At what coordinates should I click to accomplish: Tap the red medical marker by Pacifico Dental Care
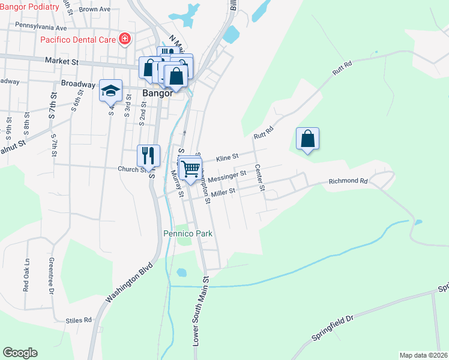(x=125, y=40)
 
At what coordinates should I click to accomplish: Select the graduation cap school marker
(x=110, y=91)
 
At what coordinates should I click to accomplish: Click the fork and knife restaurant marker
(x=148, y=155)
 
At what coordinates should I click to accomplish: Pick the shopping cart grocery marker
(x=190, y=169)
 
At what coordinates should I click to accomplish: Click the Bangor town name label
(x=158, y=94)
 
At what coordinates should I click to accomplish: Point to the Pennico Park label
(x=188, y=233)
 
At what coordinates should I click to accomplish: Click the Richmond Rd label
(x=348, y=181)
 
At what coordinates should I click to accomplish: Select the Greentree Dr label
(x=51, y=275)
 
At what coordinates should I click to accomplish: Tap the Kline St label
(x=228, y=156)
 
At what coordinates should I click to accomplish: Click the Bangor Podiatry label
(x=29, y=7)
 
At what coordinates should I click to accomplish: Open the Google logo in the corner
(x=20, y=353)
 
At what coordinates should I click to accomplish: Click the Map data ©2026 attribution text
(x=424, y=355)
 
